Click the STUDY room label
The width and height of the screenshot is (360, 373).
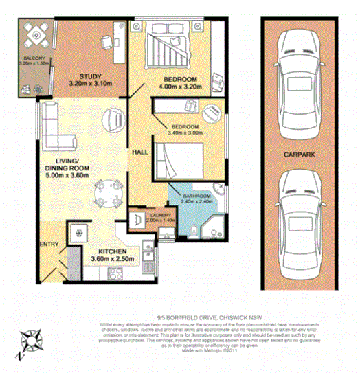[90, 76]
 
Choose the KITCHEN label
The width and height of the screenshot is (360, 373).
[120, 251]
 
